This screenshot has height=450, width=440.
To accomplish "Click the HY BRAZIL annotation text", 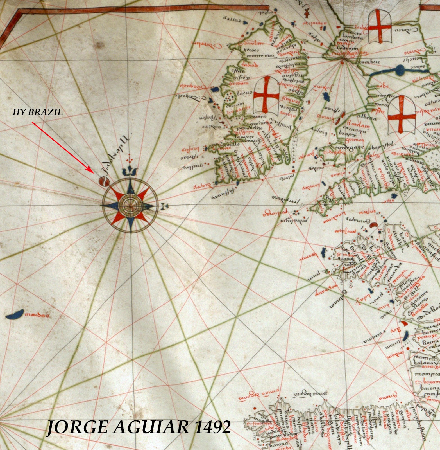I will point(38,112).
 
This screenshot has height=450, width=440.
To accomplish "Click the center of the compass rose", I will point(130,206).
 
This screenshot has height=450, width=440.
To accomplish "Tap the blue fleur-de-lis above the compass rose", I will point(130,171).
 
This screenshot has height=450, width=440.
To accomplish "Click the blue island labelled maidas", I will point(15,314).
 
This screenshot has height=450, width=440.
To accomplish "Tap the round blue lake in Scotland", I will point(400,69).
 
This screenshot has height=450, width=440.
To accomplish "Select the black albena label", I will point(366,118).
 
